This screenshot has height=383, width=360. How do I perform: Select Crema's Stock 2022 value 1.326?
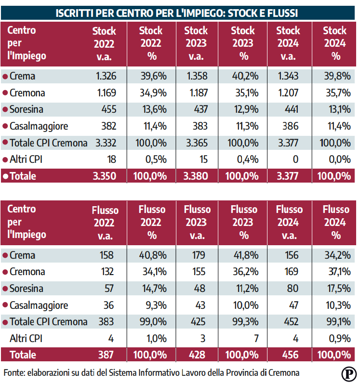tap(106, 76)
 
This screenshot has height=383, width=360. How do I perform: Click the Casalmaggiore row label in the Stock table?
tap(39, 126)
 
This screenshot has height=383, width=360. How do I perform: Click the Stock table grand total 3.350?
tap(105, 176)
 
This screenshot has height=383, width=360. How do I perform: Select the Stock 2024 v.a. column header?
tap(287, 43)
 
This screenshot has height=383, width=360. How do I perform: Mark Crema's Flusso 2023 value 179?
tap(198, 255)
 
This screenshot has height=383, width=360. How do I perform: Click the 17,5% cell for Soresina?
tap(338, 289)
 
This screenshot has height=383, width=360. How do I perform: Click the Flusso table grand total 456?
tap(289, 355)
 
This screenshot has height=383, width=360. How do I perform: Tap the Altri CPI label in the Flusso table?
tap(26, 339)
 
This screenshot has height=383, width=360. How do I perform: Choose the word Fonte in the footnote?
tap(14, 373)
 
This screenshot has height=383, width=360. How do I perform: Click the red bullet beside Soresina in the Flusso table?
tap(5, 289)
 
